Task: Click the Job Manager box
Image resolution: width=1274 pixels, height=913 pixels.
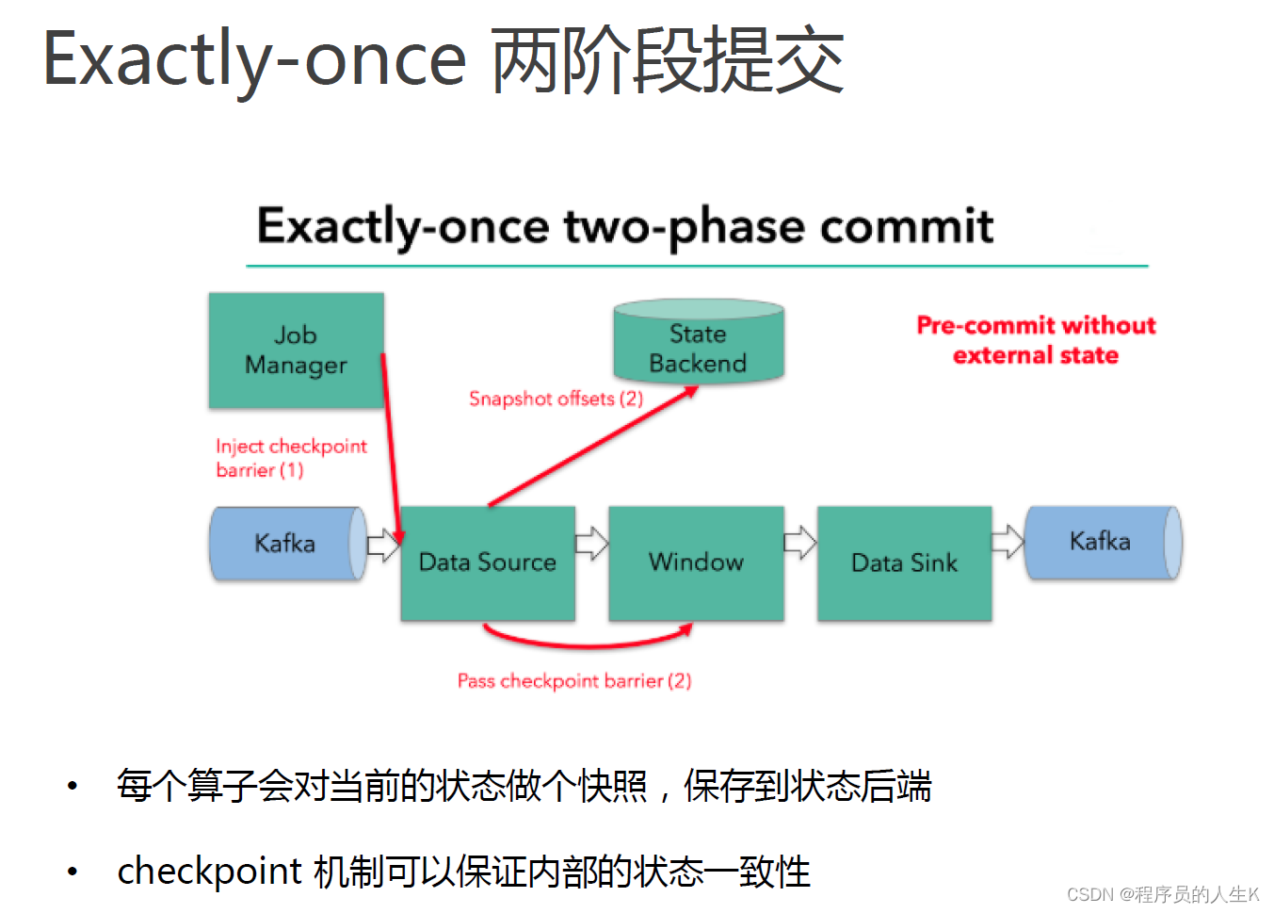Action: click(297, 351)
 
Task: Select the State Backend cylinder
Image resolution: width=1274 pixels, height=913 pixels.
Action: click(699, 340)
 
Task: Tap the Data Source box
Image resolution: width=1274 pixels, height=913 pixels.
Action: click(488, 562)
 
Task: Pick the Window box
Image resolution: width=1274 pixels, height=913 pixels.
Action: click(696, 562)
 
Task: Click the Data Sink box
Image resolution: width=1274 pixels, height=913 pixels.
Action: click(905, 562)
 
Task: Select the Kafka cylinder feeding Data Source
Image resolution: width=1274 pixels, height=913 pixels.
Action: click(288, 544)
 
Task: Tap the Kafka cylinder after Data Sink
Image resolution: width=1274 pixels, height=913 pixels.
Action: click(1104, 543)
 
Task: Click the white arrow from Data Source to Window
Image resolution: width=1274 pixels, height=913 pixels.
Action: click(592, 543)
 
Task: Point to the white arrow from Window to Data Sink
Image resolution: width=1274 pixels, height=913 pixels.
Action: click(800, 543)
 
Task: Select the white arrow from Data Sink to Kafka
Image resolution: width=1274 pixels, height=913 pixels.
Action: click(1008, 542)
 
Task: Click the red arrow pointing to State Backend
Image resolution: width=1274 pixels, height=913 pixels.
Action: click(593, 447)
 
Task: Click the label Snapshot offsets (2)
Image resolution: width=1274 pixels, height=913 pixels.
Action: click(556, 399)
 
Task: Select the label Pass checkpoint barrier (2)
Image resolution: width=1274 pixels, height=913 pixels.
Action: click(574, 681)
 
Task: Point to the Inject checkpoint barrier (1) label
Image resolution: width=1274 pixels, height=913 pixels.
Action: click(291, 458)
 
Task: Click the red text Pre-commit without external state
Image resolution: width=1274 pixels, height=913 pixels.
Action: click(1037, 340)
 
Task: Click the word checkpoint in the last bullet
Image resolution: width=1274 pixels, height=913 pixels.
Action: click(209, 872)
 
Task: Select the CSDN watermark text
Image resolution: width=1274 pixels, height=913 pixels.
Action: click(1163, 894)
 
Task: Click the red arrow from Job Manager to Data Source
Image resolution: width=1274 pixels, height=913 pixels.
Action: click(393, 449)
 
